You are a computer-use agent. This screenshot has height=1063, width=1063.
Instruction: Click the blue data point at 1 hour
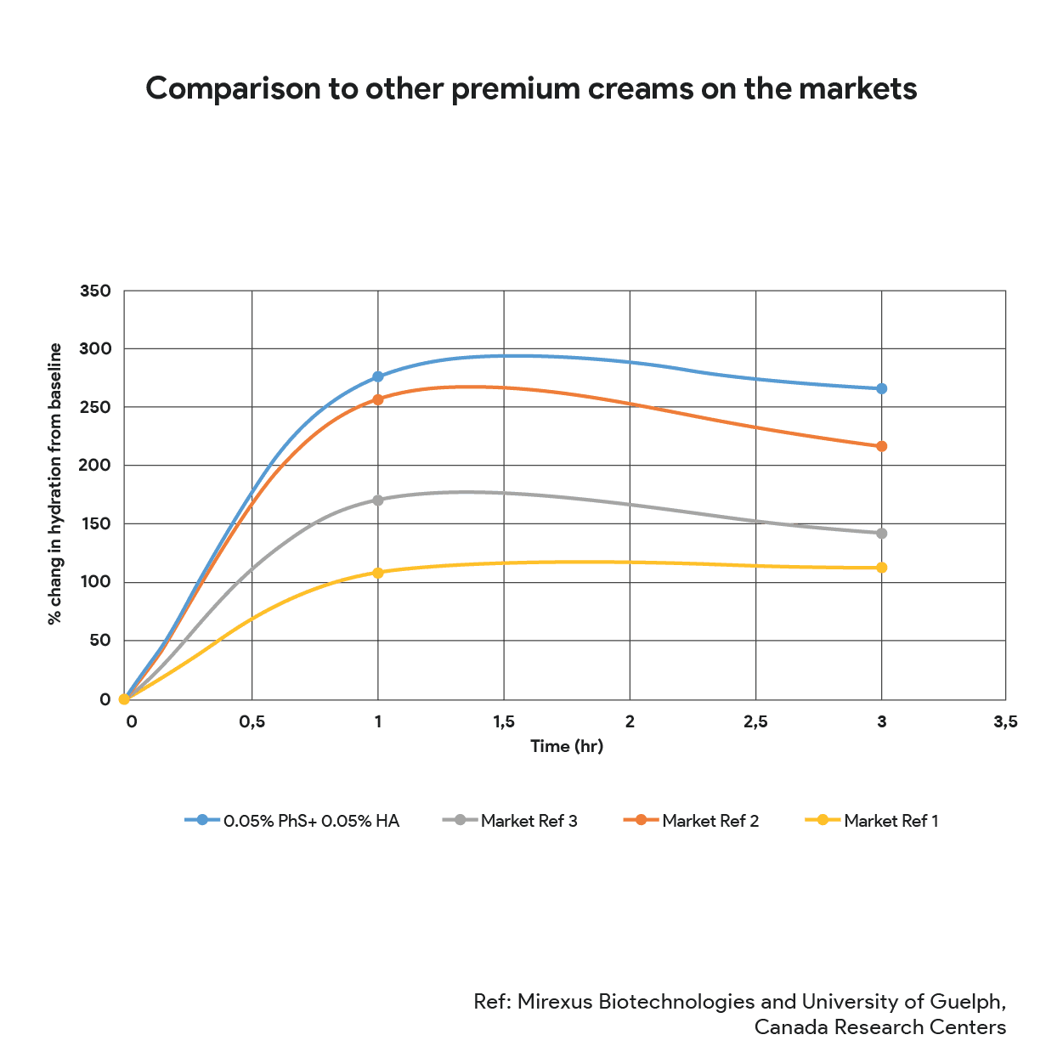click(378, 376)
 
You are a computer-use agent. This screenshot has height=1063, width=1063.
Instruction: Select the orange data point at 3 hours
click(882, 446)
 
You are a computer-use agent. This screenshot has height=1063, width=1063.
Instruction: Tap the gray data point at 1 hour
click(378, 500)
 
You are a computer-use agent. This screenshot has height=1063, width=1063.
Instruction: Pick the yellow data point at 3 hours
click(882, 568)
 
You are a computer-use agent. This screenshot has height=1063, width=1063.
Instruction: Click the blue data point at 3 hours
click(882, 388)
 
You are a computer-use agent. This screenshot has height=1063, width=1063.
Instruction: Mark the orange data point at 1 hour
click(378, 399)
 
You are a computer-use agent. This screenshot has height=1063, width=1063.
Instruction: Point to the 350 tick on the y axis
click(95, 291)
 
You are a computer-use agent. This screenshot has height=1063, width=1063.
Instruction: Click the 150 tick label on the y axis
click(95, 524)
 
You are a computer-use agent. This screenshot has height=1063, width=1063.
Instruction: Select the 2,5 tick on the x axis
click(755, 722)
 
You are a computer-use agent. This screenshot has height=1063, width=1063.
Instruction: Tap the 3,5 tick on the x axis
click(1005, 722)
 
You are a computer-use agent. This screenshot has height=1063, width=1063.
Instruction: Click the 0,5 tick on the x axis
click(252, 722)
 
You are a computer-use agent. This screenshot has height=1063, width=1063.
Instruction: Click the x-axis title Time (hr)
click(566, 747)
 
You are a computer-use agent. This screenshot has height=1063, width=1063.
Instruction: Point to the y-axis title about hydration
click(56, 484)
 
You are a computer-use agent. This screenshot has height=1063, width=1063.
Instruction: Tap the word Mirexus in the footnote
click(555, 1002)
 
